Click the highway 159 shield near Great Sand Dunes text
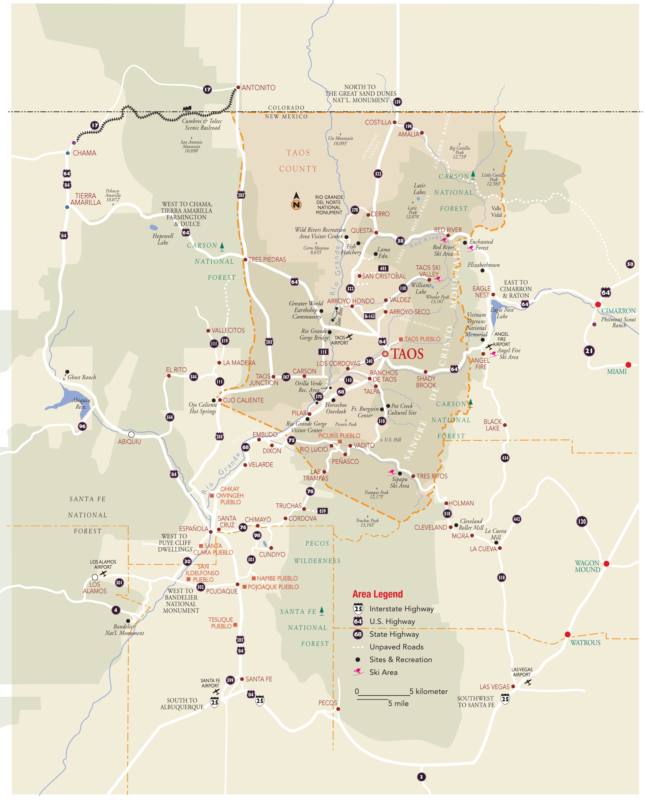click(x=397, y=102)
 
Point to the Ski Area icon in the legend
click(x=358, y=672)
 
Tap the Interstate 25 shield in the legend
click(x=358, y=609)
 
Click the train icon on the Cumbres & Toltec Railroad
click(x=187, y=108)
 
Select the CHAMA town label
click(x=84, y=153)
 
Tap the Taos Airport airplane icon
click(x=349, y=337)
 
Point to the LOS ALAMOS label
click(x=95, y=588)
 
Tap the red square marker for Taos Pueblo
click(x=401, y=339)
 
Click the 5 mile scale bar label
click(x=398, y=703)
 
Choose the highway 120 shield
click(x=581, y=521)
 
